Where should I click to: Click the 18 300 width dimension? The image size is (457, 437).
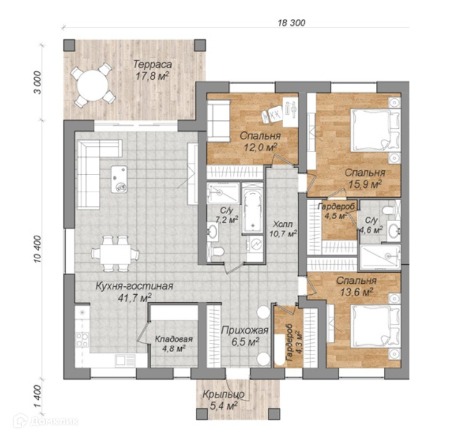(x=291, y=23)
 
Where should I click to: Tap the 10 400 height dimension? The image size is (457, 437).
(x=38, y=249)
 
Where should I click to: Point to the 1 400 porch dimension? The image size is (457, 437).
(x=38, y=397)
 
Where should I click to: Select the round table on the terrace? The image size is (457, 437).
(x=93, y=85)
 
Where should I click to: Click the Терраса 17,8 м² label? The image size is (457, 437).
(x=152, y=70)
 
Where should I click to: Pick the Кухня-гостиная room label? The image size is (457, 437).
(x=134, y=286)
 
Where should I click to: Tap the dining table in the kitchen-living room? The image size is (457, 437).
(x=115, y=255)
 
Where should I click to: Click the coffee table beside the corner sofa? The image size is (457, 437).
(x=119, y=179)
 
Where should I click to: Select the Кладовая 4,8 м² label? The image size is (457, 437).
(x=173, y=344)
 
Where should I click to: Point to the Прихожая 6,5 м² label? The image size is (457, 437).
(x=245, y=336)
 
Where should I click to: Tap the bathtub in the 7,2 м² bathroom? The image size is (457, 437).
(x=253, y=208)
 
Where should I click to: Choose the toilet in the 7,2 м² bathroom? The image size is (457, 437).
(x=216, y=251)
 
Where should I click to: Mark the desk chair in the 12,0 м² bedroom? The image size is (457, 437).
(x=272, y=115)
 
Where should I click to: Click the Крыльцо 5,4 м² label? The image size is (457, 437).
(x=223, y=400)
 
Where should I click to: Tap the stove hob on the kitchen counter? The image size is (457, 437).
(x=82, y=339)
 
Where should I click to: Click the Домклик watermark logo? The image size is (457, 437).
(x=46, y=421)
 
